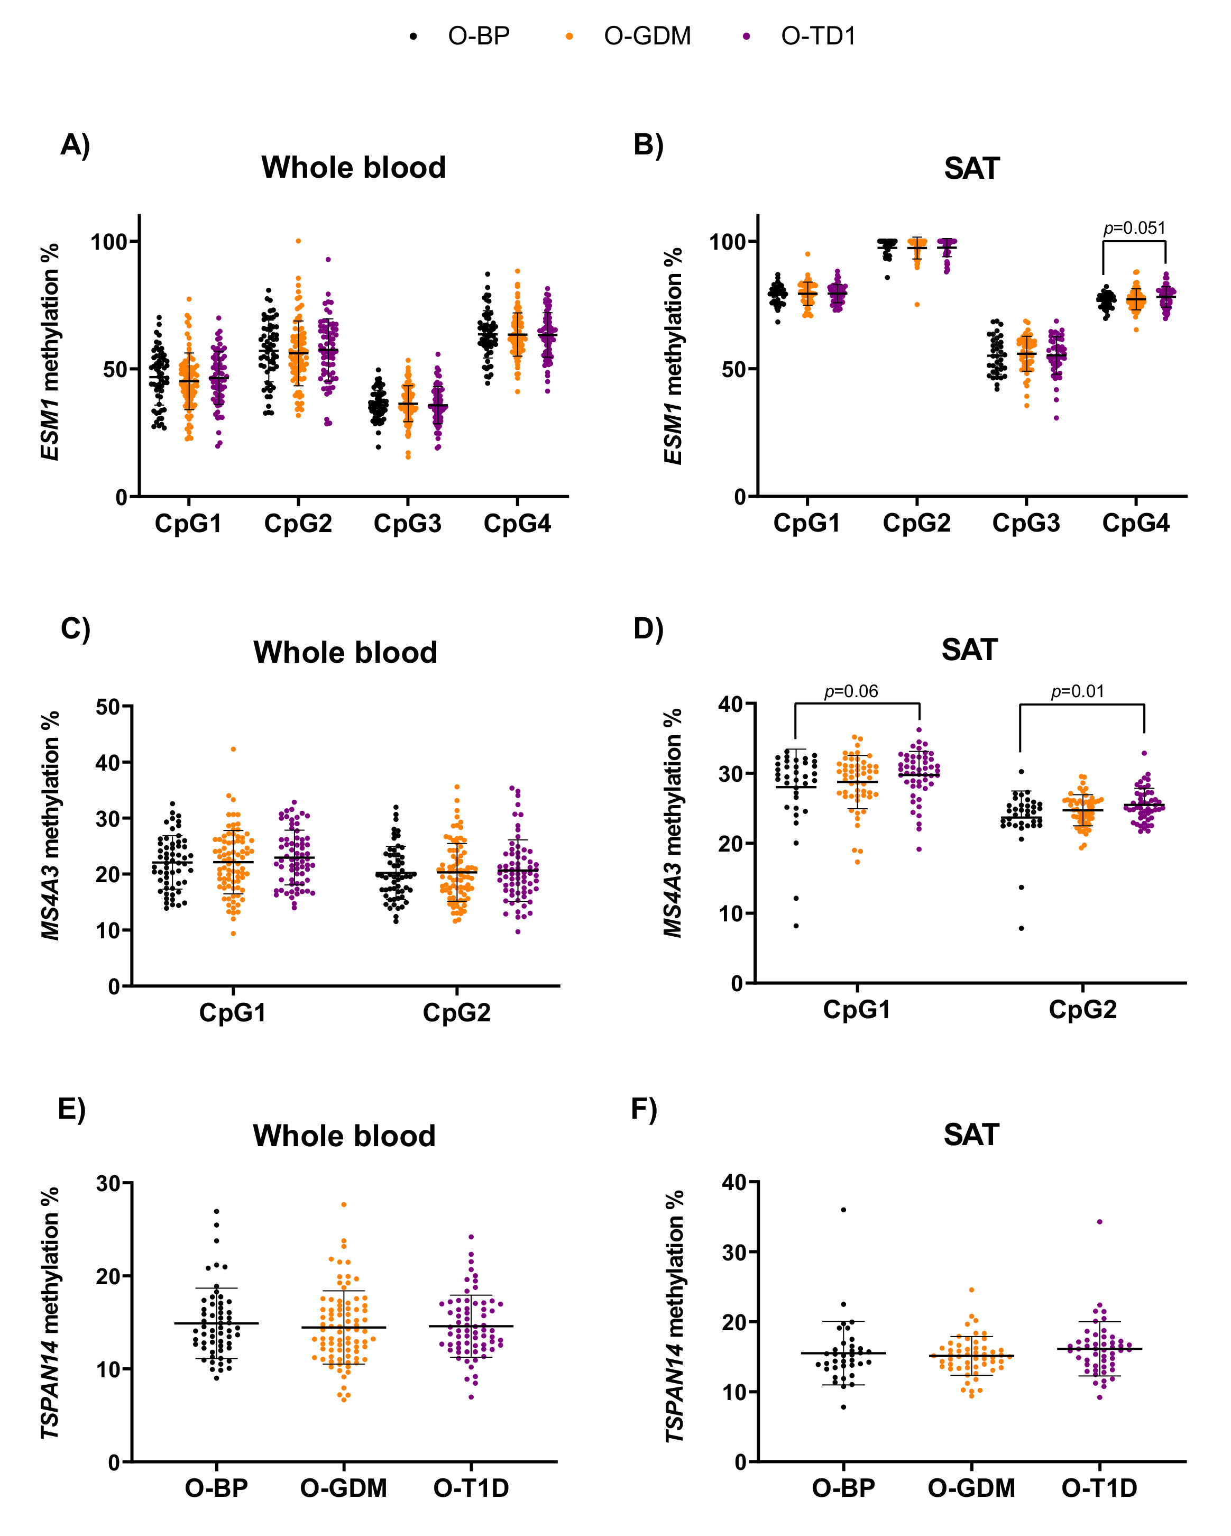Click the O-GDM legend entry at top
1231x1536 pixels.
tap(647, 35)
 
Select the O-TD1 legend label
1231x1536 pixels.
tap(818, 35)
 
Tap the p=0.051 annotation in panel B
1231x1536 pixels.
tap(1134, 228)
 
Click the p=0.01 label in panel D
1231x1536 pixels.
tap(1077, 691)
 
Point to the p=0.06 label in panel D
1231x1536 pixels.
tap(851, 691)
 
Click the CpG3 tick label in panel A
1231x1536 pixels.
tap(408, 524)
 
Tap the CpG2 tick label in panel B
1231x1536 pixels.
tap(917, 524)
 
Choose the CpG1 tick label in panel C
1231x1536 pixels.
tap(233, 1012)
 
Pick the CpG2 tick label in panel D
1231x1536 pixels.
tap(1083, 1010)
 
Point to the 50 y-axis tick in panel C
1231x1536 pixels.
tap(108, 707)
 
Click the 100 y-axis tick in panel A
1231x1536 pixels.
tap(108, 242)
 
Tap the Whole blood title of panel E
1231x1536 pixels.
tap(344, 1136)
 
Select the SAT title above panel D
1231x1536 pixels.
tap(970, 650)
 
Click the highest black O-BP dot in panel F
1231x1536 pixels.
tap(843, 1210)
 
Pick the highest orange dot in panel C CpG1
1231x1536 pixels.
tap(233, 749)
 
